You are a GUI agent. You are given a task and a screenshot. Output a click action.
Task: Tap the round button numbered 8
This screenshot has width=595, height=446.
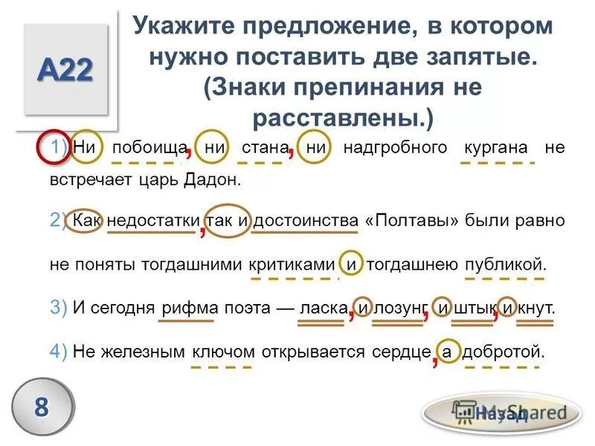pos(42,407)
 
